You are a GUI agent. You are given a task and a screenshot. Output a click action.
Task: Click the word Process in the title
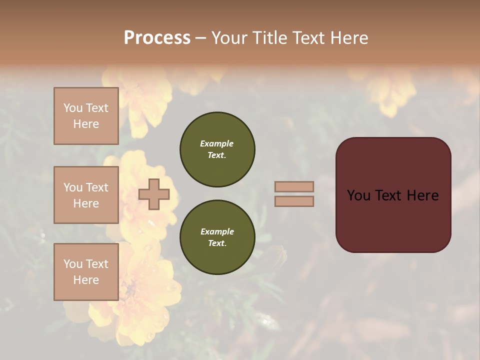tap(157, 37)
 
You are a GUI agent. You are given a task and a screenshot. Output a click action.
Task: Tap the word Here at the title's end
tap(347, 37)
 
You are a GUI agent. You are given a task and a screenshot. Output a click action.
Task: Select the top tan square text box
tap(86, 116)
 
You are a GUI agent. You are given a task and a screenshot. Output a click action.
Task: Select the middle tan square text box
tap(86, 195)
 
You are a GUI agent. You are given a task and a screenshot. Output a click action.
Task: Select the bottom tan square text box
tap(86, 271)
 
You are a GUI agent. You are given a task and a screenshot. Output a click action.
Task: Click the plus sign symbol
tap(154, 194)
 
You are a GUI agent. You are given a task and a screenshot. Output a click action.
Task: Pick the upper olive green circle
tap(217, 149)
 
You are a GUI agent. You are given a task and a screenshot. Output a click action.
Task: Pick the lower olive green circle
tap(217, 237)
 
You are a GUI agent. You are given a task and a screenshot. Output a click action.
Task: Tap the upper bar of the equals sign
tap(294, 186)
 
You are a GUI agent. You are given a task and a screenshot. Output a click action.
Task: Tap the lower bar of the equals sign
tap(294, 201)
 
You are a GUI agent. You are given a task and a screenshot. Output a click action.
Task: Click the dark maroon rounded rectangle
tap(393, 220)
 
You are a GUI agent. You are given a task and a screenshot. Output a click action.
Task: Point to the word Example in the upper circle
tap(216, 143)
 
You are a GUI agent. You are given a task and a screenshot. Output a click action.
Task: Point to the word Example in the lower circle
tap(217, 231)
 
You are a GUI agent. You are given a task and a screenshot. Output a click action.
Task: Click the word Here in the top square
tap(86, 124)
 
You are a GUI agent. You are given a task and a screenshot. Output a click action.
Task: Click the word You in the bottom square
tap(73, 264)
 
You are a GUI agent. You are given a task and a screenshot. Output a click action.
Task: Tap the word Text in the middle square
tap(97, 187)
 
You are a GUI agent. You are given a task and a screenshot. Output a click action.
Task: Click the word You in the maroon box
tap(358, 195)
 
